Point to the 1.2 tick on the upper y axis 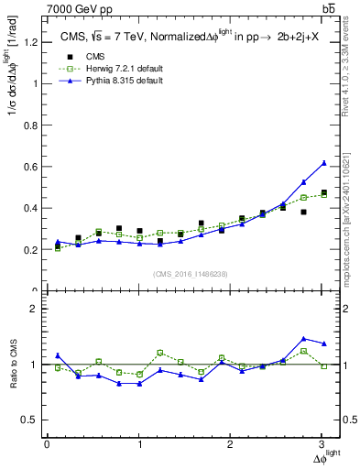(31, 42)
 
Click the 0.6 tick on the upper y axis (31, 167)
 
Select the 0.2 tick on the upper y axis (31, 249)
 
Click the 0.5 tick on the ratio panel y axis (31, 420)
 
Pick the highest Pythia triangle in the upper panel (323, 163)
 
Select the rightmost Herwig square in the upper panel (323, 194)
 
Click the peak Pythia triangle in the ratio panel (303, 339)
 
